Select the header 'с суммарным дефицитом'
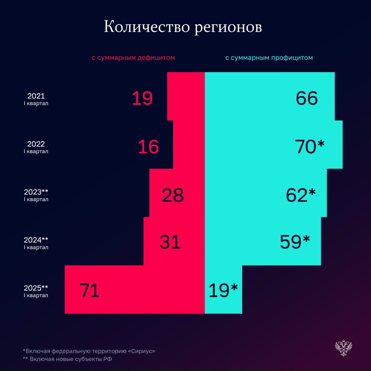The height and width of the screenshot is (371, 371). coord(133,58)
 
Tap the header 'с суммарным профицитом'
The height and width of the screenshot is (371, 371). coord(269,58)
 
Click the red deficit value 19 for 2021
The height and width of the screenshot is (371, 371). coord(142,99)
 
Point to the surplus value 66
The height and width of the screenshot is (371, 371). coord(307,99)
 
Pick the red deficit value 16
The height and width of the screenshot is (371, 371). coord(148,147)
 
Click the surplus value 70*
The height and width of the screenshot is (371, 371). coord(310,147)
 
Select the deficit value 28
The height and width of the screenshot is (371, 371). coord(173,195)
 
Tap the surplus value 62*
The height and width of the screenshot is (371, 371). coord(301,195)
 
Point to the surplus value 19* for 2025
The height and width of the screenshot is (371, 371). coord(223,290)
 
